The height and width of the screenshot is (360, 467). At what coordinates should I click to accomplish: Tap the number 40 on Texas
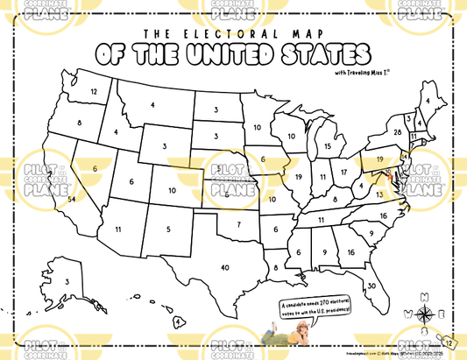tap(225, 267)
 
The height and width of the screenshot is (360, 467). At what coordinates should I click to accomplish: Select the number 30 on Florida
tap(371, 286)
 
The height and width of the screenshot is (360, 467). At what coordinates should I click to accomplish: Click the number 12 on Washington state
tap(94, 91)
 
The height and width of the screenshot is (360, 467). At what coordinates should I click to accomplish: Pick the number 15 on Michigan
tap(328, 146)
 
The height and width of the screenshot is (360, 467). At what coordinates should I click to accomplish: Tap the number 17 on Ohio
tap(344, 172)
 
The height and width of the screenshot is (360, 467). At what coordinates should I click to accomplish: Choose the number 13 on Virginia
tap(380, 194)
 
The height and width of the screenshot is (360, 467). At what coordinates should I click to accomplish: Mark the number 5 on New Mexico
tap(168, 229)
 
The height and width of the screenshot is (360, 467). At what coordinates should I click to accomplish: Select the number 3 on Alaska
tap(67, 282)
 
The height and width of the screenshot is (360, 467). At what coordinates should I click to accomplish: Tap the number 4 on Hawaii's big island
tap(178, 321)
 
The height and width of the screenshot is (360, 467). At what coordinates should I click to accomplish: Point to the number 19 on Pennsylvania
tap(380, 160)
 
